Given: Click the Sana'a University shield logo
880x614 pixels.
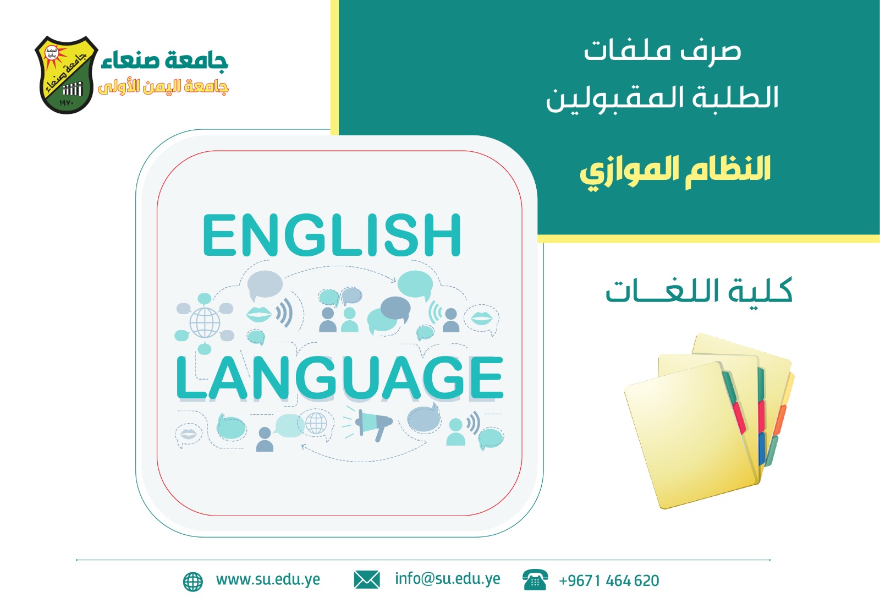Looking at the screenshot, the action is pos(67,75).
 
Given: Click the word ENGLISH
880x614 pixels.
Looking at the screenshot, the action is pos(332,235).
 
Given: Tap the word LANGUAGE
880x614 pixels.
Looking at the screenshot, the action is pos(339,378).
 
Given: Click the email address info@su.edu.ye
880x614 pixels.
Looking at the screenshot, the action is pos(448,579).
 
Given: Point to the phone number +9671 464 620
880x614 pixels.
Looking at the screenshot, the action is pos(609,580).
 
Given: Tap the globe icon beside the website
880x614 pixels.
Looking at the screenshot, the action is pos(193,582).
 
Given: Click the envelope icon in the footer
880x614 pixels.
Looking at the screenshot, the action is pos(366,580).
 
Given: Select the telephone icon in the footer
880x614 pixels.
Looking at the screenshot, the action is pos(535,580).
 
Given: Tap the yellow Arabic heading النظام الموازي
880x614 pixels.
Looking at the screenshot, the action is pos(675,172).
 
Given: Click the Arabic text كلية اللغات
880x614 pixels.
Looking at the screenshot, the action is pos(699,291).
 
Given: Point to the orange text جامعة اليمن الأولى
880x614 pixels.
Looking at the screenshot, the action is pos(163,87).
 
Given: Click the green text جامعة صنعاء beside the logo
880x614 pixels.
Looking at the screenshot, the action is pos(165,61).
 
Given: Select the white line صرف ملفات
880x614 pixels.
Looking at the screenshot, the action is pos(662,52).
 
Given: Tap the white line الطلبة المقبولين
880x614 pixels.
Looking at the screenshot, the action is pos(662,98).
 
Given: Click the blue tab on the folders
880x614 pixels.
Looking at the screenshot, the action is pos(762,448).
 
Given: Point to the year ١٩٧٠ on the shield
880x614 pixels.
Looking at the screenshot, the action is pos(67,103).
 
